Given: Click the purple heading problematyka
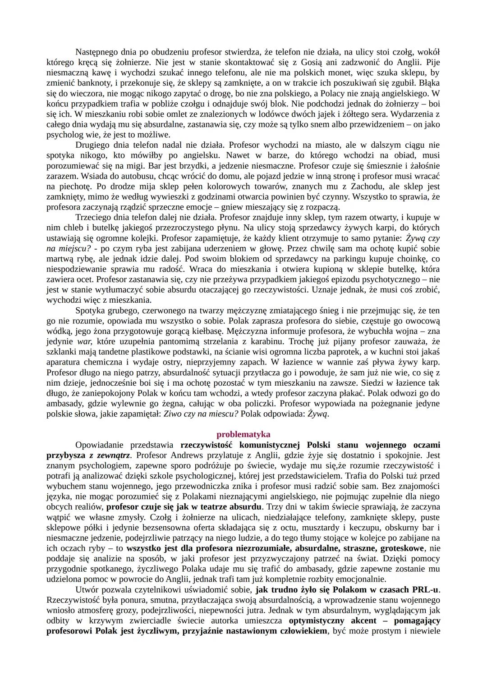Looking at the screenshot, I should click(x=243, y=434).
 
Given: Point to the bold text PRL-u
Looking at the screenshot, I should click(x=425, y=589).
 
